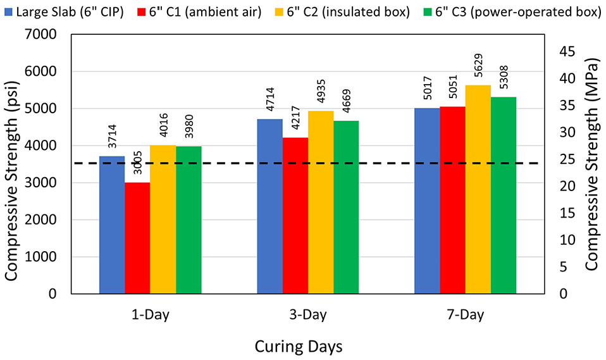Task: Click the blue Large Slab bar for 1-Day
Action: (x=112, y=225)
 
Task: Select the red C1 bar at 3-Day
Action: (x=295, y=216)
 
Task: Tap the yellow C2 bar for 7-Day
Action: (x=478, y=189)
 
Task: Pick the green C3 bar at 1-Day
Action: (x=189, y=220)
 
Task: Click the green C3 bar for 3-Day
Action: (x=346, y=208)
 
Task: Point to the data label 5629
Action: (x=478, y=65)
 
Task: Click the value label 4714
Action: (x=270, y=99)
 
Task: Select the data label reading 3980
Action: (x=189, y=127)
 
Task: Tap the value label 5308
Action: (x=504, y=77)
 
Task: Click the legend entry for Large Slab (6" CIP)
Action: (x=64, y=13)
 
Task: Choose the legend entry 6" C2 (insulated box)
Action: (x=342, y=13)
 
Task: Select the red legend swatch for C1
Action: (x=141, y=13)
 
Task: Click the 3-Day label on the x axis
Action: (x=308, y=314)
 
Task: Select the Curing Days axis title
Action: (x=299, y=347)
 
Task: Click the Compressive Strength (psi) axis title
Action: (x=11, y=181)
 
